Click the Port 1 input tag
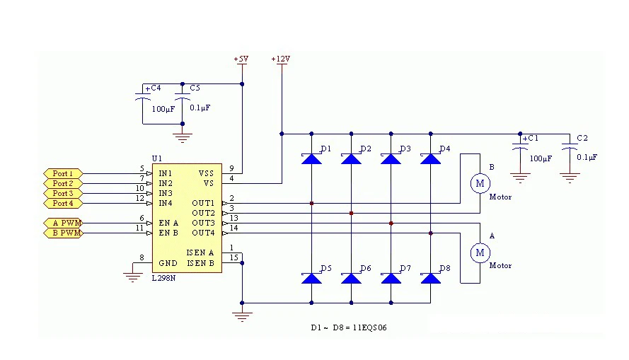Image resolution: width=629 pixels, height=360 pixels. pyautogui.click(x=63, y=173)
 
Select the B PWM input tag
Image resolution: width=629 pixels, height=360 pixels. pyautogui.click(x=63, y=233)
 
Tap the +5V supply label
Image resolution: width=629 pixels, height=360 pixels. pyautogui.click(x=241, y=59)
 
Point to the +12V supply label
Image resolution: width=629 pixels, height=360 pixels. pyautogui.click(x=280, y=59)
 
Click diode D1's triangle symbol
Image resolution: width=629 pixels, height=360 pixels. pyautogui.click(x=311, y=158)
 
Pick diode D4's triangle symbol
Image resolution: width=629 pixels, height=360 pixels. pyautogui.click(x=430, y=158)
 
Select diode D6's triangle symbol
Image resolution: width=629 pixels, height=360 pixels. pyautogui.click(x=351, y=278)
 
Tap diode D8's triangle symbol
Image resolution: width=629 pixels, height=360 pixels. pyautogui.click(x=430, y=278)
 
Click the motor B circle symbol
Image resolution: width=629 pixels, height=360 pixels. pyautogui.click(x=480, y=183)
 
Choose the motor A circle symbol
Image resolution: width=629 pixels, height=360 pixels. pyautogui.click(x=480, y=252)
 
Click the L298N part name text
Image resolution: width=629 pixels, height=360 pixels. pyautogui.click(x=163, y=278)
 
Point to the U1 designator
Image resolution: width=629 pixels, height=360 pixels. pyautogui.click(x=157, y=158)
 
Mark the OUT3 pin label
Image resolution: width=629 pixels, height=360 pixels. pyautogui.click(x=203, y=223)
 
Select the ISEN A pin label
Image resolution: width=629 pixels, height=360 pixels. pyautogui.click(x=200, y=252)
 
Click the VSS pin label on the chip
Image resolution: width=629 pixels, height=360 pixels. pyautogui.click(x=206, y=173)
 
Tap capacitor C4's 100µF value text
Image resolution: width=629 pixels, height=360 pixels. pyautogui.click(x=163, y=109)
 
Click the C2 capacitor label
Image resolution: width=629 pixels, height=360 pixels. pyautogui.click(x=582, y=138)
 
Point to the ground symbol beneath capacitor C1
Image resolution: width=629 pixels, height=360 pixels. pyautogui.click(x=520, y=178)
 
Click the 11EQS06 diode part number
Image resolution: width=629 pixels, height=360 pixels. pyautogui.click(x=370, y=327)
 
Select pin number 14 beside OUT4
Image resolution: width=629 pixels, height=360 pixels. pyautogui.click(x=234, y=228)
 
